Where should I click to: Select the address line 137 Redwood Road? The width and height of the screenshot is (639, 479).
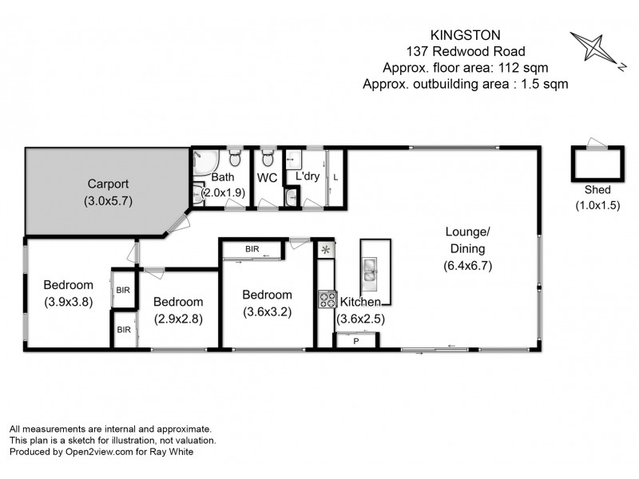[x=465, y=52]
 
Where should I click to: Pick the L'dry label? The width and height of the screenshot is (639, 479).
[x=308, y=176]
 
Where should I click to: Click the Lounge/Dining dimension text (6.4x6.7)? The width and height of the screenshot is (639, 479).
[x=467, y=267]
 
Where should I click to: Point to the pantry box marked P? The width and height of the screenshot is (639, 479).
[x=355, y=341]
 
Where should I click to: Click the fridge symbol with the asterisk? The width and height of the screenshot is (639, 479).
[x=326, y=251]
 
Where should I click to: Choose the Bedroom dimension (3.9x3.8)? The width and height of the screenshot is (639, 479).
[x=68, y=303]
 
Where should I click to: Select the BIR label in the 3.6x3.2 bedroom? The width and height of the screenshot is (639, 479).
[x=252, y=250]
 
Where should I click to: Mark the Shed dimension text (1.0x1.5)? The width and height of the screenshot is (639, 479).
[x=597, y=205]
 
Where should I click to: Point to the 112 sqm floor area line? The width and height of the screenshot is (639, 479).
[x=465, y=67]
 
